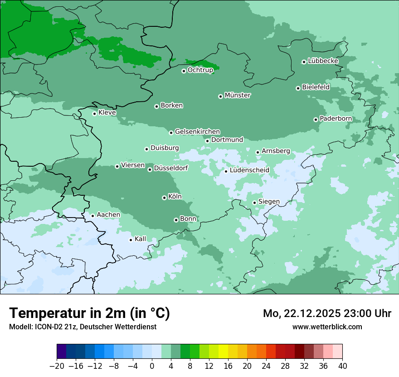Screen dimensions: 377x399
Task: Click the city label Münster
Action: [238, 95]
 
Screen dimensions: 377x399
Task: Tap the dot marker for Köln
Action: [164, 198]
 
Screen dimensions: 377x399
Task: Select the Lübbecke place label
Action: [323, 61]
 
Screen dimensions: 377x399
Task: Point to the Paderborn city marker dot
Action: [316, 119]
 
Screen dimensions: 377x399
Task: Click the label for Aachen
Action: [108, 215]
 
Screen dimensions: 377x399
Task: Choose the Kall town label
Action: [141, 239]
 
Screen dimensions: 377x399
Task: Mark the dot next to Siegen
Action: [254, 203]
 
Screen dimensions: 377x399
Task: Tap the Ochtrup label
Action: [200, 70]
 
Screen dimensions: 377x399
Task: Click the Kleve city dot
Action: [94, 114]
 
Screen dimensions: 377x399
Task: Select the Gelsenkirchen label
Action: [197, 132]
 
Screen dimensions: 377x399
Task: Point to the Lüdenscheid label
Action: [249, 170]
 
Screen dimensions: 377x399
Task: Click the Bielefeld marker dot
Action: [298, 88]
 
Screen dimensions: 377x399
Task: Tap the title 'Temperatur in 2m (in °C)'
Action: [89, 313]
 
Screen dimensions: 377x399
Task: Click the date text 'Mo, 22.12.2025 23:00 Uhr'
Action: [327, 313]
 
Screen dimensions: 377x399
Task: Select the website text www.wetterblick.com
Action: [327, 327]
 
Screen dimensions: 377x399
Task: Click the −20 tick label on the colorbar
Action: [57, 366]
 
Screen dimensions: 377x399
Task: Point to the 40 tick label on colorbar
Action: [342, 366]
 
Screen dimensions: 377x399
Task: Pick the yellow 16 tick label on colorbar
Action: [228, 366]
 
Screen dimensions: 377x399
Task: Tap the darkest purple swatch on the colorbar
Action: [62, 352]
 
